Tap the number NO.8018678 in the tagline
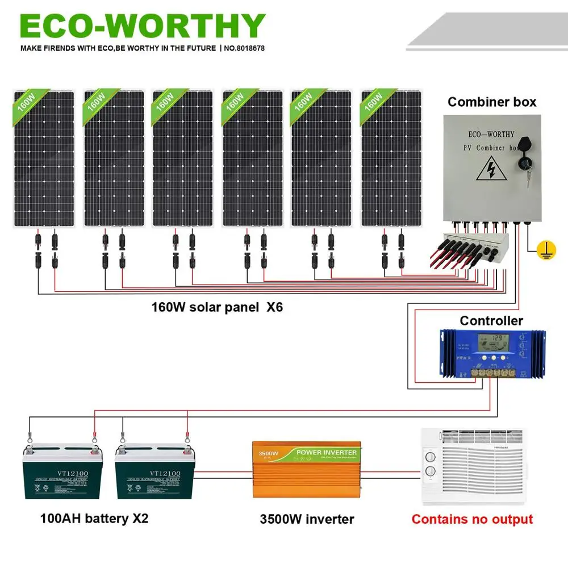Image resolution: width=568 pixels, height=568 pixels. tap(244, 48)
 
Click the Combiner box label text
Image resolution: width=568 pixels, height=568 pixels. tap(492, 102)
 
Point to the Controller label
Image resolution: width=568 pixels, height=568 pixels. tap(491, 321)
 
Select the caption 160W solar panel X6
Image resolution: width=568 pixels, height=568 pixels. tap(216, 307)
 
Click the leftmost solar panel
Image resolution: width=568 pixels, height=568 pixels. tap(44, 159)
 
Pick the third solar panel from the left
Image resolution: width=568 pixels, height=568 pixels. tap(182, 159)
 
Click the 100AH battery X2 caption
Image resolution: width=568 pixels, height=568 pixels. tap(94, 519)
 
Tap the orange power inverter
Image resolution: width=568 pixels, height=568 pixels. tap(304, 470)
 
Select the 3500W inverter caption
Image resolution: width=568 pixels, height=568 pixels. tap(307, 519)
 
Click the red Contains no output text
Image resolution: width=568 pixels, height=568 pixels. tap(472, 519)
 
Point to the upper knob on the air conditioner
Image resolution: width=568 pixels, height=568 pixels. tap(430, 456)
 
